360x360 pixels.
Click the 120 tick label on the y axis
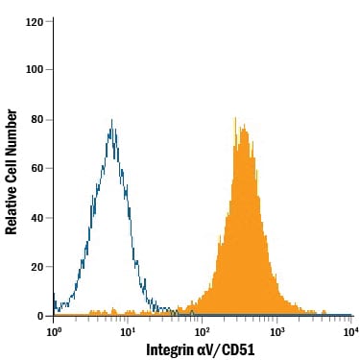[35, 22]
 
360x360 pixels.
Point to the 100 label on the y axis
[35, 69]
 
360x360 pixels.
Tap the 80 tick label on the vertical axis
[37, 120]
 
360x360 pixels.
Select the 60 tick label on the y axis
[37, 168]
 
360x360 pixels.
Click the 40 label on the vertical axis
[37, 218]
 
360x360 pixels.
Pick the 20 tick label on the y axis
[37, 267]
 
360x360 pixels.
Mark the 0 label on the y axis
[40, 316]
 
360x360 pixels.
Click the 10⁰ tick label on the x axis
[54, 331]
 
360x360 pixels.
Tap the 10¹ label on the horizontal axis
[128, 331]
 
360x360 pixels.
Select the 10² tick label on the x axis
[203, 331]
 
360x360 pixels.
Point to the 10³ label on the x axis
[277, 331]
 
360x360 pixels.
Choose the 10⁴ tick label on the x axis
[350, 331]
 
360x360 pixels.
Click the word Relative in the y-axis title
[11, 209]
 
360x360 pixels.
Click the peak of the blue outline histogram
[111, 119]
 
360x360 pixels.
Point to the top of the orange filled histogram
[235, 118]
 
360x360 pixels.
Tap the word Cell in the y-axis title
[11, 170]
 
